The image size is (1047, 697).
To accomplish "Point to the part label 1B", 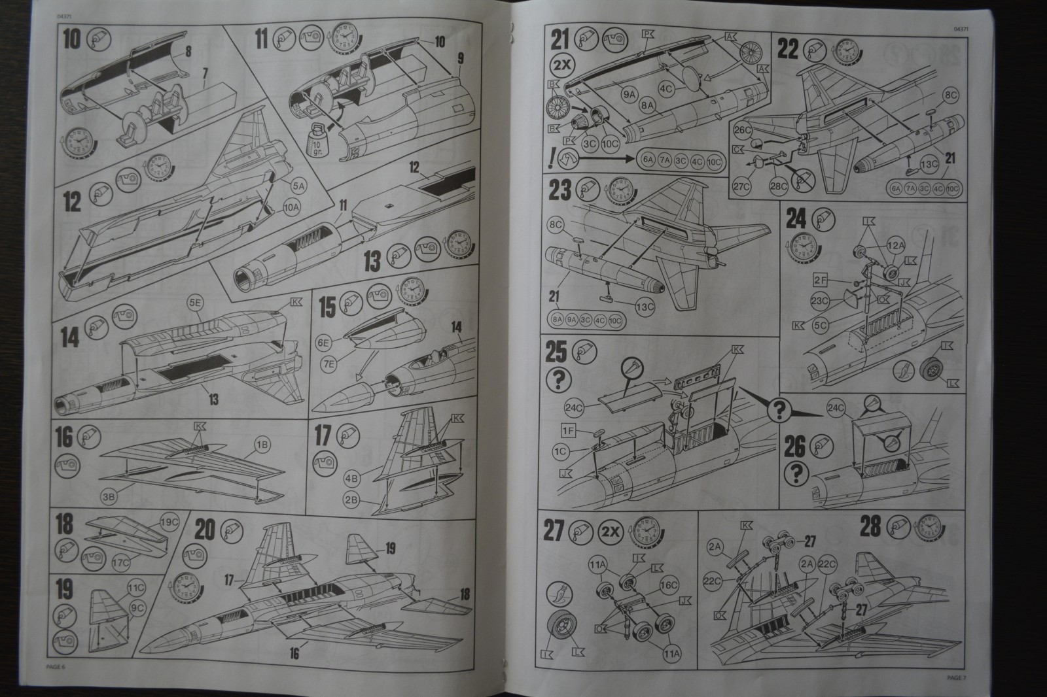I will [x=262, y=445].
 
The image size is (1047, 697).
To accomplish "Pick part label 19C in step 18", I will [x=169, y=522].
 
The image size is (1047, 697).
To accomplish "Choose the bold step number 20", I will [x=204, y=530].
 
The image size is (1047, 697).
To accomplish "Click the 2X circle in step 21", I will [x=561, y=68].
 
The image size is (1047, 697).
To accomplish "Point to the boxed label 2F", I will [x=822, y=280].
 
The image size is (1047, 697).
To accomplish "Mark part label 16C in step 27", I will [x=667, y=586].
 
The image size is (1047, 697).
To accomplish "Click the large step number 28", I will [x=872, y=526].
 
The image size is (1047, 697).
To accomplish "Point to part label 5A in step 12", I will [x=299, y=186].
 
